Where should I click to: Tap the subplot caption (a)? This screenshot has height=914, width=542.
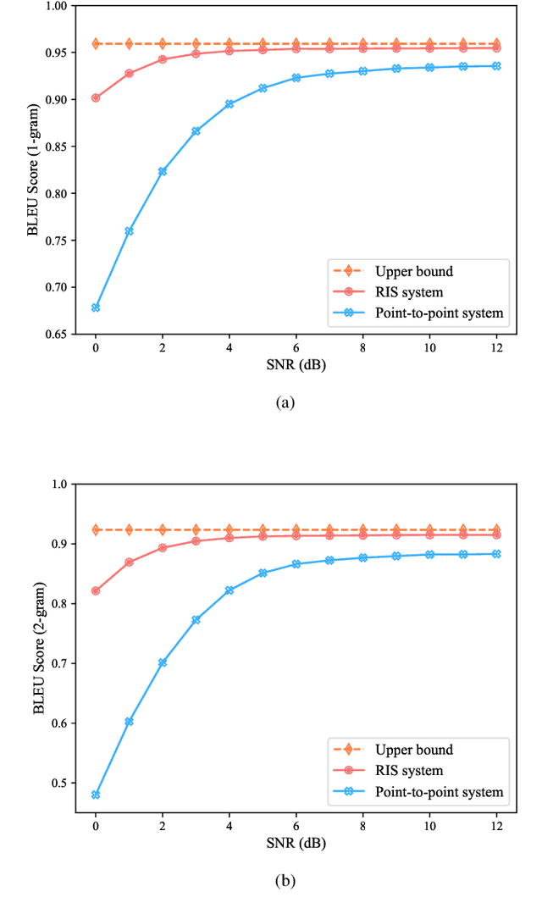[285, 402]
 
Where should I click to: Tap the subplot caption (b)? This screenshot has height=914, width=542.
[285, 881]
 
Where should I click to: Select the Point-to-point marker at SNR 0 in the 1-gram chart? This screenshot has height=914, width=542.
[96, 307]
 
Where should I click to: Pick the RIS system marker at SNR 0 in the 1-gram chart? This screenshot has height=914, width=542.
[96, 97]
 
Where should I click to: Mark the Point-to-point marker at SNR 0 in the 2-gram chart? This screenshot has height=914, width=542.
[96, 795]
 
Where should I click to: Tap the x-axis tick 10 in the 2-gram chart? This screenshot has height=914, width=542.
[429, 826]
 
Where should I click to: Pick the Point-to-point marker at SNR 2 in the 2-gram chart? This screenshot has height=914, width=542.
[163, 662]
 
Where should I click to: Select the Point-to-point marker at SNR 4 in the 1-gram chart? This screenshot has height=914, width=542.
[230, 104]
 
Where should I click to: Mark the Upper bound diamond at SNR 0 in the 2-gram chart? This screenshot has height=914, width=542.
[96, 529]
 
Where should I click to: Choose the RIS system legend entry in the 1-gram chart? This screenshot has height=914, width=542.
[409, 292]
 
